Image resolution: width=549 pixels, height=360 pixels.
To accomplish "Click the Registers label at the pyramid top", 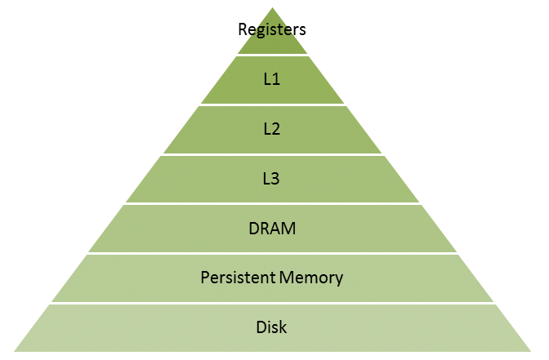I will pyautogui.click(x=272, y=30).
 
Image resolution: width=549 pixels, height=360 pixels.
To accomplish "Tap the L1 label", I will pyautogui.click(x=272, y=79).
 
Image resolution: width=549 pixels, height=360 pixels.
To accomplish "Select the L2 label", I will pyautogui.click(x=272, y=128).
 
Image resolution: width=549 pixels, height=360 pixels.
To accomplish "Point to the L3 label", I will pyautogui.click(x=272, y=178).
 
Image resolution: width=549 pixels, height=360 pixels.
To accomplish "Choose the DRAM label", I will pyautogui.click(x=272, y=228).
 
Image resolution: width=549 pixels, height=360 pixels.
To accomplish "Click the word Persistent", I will pyautogui.click(x=236, y=278).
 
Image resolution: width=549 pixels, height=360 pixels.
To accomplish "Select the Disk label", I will pyautogui.click(x=272, y=327).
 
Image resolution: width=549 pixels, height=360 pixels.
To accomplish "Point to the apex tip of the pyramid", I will pyautogui.click(x=272, y=7).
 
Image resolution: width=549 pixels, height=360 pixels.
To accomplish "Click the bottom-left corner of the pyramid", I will pyautogui.click(x=15, y=352).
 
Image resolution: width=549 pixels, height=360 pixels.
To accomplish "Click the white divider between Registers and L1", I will pyautogui.click(x=272, y=56).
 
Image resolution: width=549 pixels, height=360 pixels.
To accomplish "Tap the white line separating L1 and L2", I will pyautogui.click(x=272, y=104).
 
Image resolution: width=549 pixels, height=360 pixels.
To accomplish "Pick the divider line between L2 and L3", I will pyautogui.click(x=272, y=154).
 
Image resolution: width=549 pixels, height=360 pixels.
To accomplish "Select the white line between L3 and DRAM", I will pyautogui.click(x=272, y=203).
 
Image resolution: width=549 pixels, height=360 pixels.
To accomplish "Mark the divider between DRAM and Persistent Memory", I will pyautogui.click(x=272, y=253).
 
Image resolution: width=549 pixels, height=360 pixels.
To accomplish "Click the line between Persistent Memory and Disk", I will pyautogui.click(x=272, y=303).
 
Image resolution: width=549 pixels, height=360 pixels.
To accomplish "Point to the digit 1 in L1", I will pyautogui.click(x=277, y=79).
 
